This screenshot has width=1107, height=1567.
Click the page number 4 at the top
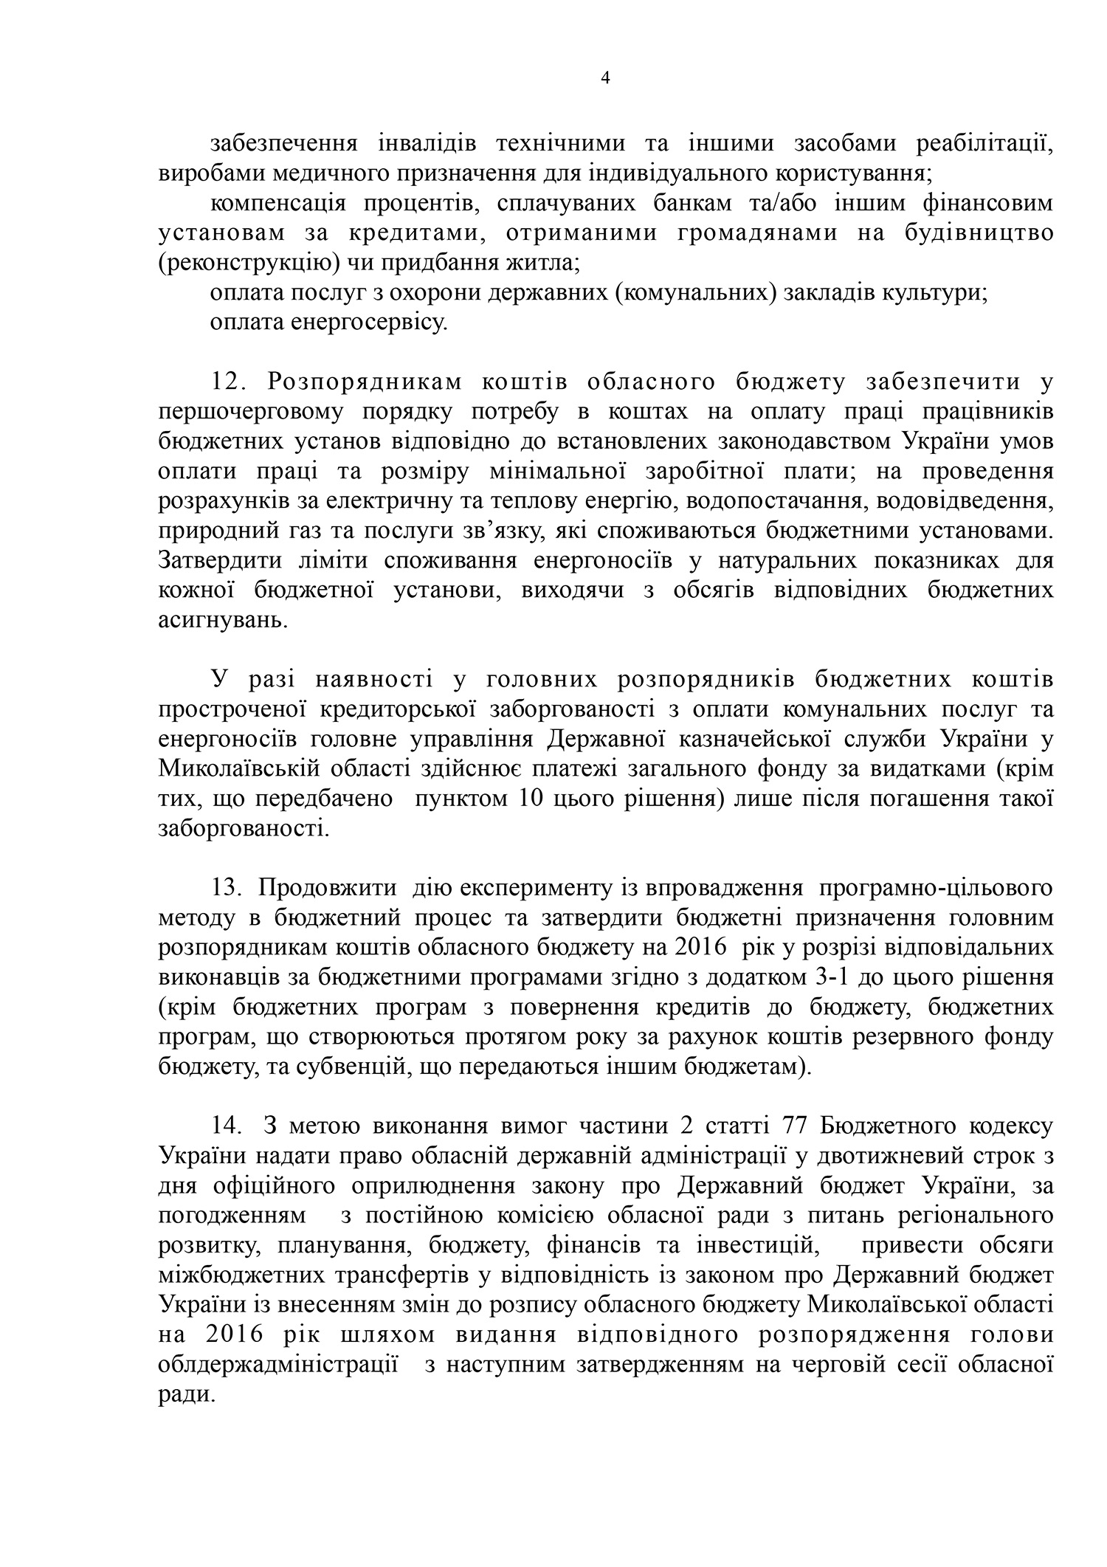[x=606, y=78]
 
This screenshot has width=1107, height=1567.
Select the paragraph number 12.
[x=232, y=382]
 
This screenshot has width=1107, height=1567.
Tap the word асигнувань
[x=220, y=620]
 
